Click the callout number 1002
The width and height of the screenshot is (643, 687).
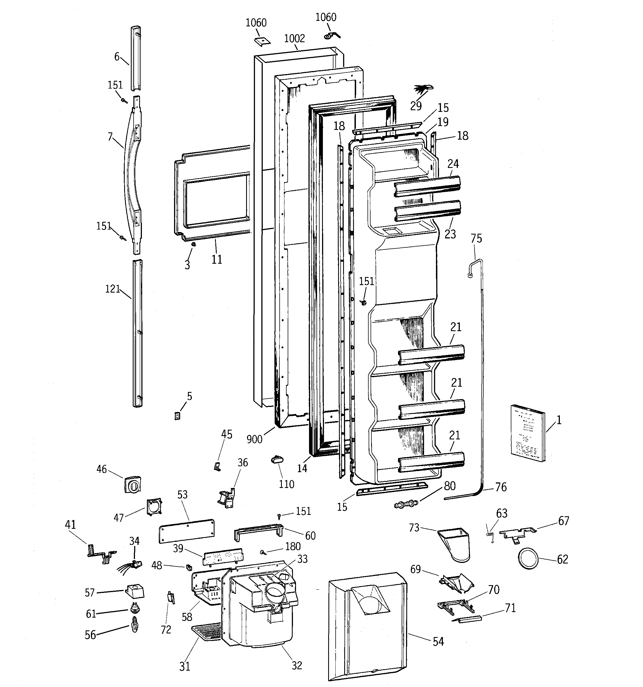[294, 38]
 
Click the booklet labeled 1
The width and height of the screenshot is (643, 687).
[527, 433]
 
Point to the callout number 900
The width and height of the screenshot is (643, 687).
[255, 439]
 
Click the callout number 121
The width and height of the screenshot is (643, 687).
[113, 289]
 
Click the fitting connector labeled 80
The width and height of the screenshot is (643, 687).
[406, 504]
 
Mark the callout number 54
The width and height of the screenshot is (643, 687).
[438, 642]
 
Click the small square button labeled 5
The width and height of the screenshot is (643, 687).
[177, 416]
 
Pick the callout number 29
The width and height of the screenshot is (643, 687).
[416, 106]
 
